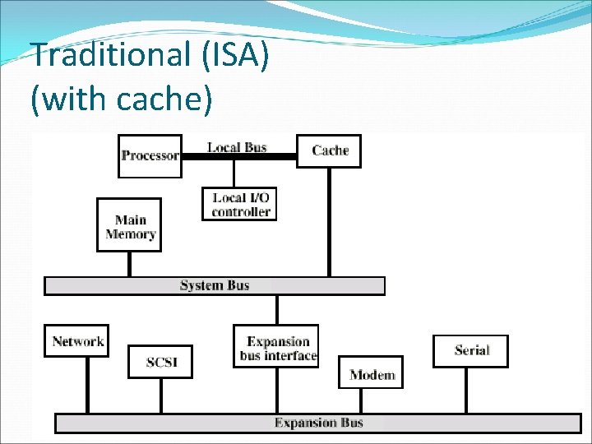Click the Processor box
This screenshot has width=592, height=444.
[x=150, y=155]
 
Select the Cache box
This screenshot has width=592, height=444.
[x=329, y=150]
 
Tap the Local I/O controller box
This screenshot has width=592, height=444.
[x=240, y=204]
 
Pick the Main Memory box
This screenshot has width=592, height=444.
[x=130, y=225]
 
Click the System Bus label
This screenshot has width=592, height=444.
[x=215, y=285]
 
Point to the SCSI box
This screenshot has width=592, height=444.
[x=160, y=362]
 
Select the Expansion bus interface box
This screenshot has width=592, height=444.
[x=277, y=348]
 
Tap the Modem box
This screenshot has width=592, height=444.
[x=372, y=375]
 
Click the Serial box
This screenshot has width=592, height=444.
[x=471, y=351]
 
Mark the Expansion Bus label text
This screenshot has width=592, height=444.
[x=318, y=423]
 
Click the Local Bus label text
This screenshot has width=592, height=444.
[x=237, y=147]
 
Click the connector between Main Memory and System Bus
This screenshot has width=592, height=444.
[x=129, y=264]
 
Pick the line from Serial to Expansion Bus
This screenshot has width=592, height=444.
[x=466, y=391]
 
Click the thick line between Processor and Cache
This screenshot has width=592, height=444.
[x=238, y=156]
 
